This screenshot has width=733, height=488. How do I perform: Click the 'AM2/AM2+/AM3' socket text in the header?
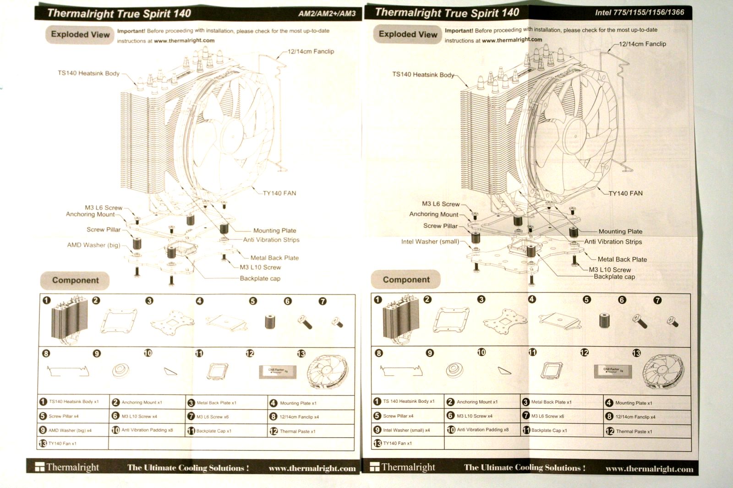(x=327, y=13)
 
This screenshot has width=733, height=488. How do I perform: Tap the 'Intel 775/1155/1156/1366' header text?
(x=640, y=12)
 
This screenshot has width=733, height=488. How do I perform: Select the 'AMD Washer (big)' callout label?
(x=93, y=245)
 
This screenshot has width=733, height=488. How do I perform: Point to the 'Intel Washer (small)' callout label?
(x=430, y=241)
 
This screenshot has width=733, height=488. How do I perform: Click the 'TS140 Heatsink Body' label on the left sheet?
(x=88, y=73)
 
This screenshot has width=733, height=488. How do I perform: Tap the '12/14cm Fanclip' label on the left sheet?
(x=311, y=51)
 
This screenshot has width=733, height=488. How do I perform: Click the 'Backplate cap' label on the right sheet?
(x=614, y=277)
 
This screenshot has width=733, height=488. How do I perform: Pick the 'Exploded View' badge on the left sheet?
(x=80, y=34)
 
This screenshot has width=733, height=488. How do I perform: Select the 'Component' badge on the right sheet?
(x=406, y=279)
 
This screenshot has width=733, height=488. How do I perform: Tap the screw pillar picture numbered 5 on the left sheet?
(x=270, y=321)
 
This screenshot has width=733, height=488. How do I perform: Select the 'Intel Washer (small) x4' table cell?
(x=406, y=430)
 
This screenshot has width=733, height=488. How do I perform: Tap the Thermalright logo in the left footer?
(x=67, y=467)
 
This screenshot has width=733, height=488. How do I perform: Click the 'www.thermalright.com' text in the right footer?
(x=649, y=469)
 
